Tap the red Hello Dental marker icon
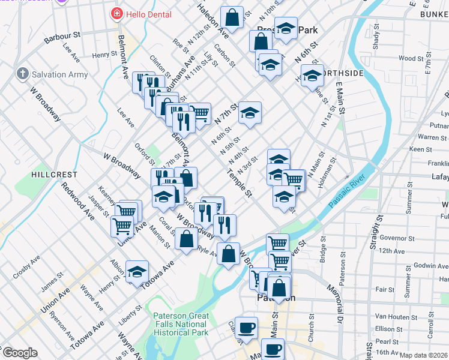click(x=116, y=14)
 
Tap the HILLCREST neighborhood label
click(x=55, y=174)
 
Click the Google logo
click(x=20, y=353)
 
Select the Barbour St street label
click(x=62, y=38)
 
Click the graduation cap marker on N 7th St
click(x=250, y=112)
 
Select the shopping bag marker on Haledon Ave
click(x=232, y=17)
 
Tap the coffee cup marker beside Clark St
click(x=246, y=327)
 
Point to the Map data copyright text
click(x=423, y=355)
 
